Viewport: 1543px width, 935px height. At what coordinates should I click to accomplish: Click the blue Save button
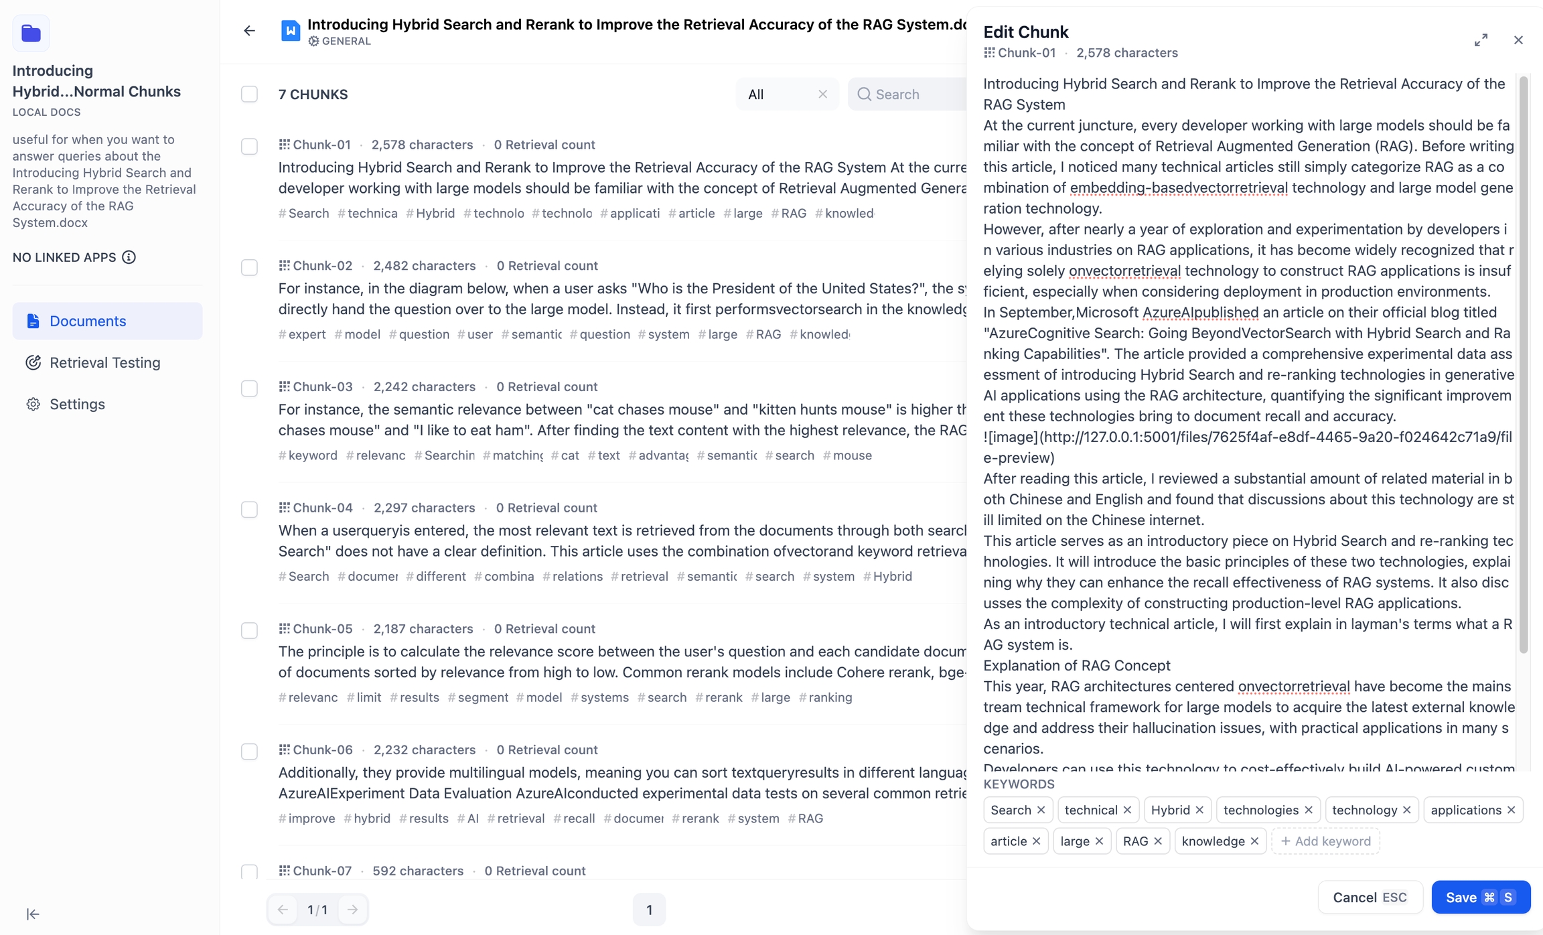1480,897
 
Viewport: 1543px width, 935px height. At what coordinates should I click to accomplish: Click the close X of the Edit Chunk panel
1518,40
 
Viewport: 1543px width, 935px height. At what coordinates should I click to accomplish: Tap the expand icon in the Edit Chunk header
1481,40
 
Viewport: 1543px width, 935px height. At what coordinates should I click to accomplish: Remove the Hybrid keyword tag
1199,810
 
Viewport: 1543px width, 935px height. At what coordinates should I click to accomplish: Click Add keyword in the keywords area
1325,841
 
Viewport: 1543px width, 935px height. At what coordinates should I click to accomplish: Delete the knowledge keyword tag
1254,841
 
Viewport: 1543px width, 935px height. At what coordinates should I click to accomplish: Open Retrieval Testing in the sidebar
105,362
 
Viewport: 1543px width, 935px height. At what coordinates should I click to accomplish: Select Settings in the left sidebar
77,404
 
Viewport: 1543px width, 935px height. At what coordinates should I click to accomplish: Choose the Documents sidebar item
88,321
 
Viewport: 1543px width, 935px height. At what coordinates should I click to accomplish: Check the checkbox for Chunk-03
249,388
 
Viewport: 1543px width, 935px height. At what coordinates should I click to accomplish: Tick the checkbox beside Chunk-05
249,630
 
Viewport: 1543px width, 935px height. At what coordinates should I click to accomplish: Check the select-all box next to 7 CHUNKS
249,94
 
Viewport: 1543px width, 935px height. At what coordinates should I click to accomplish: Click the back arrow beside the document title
249,31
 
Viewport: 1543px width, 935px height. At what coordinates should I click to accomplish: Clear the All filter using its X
822,94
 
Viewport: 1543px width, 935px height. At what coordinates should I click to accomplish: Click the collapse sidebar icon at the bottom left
32,914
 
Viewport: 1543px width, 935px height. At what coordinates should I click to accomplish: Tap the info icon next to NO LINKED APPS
129,257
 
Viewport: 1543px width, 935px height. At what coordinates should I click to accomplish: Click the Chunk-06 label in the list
322,750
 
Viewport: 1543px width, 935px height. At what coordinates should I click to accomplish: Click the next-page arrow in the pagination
352,910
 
